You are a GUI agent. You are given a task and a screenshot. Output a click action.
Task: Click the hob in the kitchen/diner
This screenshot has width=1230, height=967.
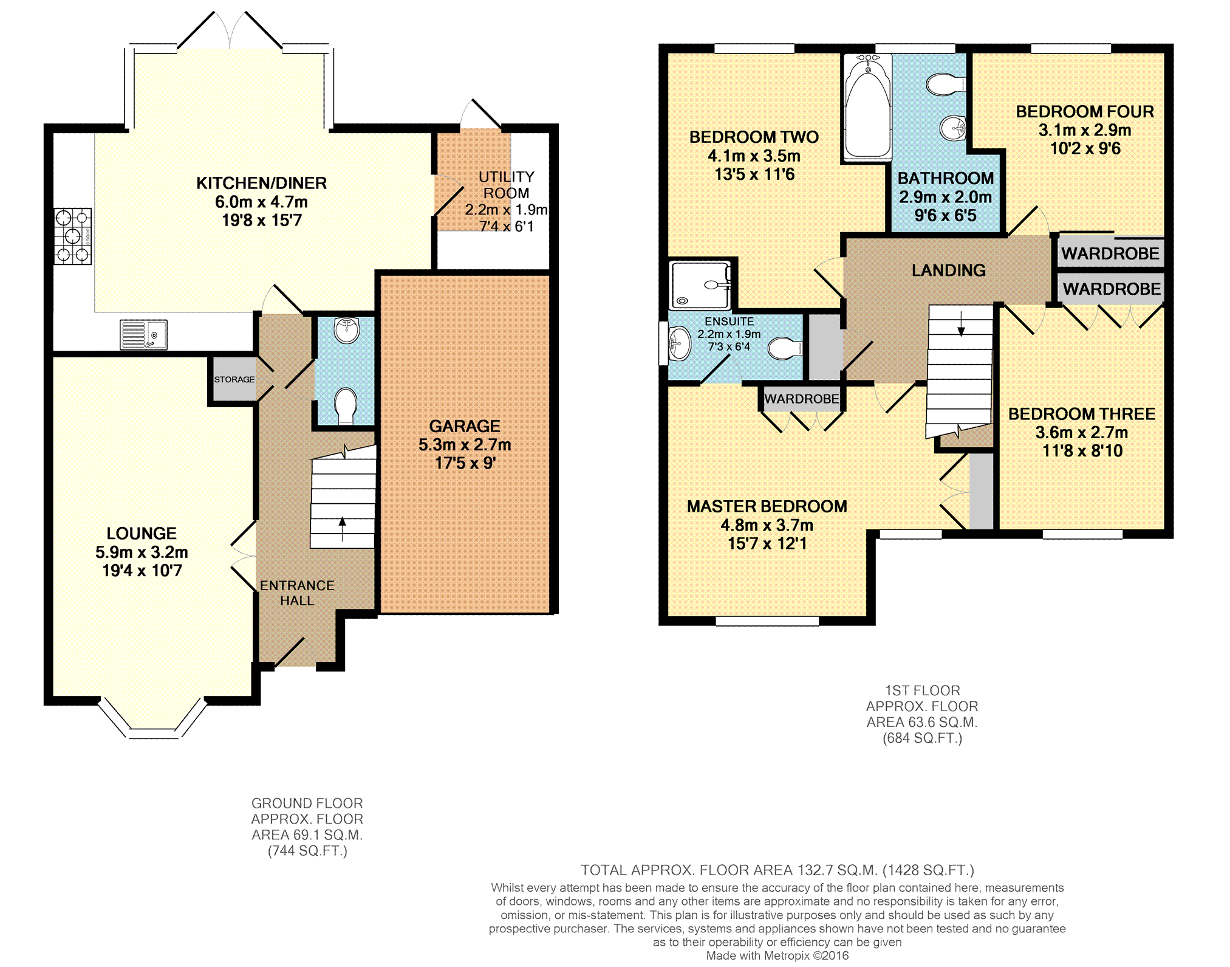pyautogui.click(x=73, y=236)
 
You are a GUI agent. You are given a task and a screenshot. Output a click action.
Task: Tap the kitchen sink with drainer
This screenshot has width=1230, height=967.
pyautogui.click(x=143, y=335)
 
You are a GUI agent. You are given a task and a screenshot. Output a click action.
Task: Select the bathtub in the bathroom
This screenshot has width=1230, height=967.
pyautogui.click(x=867, y=108)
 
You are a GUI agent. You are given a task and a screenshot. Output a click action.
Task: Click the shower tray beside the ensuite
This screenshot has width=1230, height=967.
pyautogui.click(x=700, y=285)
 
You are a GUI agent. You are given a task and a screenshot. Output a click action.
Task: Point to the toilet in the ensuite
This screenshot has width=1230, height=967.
pyautogui.click(x=785, y=349)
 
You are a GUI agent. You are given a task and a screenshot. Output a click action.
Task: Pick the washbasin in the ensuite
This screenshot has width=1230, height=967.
pyautogui.click(x=679, y=344)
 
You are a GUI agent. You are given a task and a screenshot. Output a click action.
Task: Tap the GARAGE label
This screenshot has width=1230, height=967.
pyautogui.click(x=465, y=426)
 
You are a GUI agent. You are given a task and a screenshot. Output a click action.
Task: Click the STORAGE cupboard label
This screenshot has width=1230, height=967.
pyautogui.click(x=234, y=379)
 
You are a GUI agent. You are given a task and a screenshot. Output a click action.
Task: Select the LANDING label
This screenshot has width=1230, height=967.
pyautogui.click(x=949, y=270)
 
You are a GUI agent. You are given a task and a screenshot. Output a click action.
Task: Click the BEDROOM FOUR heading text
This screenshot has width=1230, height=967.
pyautogui.click(x=1085, y=112)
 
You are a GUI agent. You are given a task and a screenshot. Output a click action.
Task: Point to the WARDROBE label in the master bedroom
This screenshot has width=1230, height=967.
pyautogui.click(x=802, y=399)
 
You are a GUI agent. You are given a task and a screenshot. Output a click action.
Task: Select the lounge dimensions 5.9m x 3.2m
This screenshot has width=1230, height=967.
pyautogui.click(x=142, y=552)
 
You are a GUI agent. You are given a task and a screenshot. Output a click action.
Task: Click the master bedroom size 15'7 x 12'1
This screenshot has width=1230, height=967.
pyautogui.click(x=767, y=543)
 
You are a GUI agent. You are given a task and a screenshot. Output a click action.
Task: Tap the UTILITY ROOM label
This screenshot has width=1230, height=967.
pyautogui.click(x=506, y=185)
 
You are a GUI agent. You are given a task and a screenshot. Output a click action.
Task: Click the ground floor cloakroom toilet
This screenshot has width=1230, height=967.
pyautogui.click(x=346, y=406)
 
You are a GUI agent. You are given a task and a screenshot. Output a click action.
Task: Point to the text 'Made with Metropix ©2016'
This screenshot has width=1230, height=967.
pyautogui.click(x=777, y=955)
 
